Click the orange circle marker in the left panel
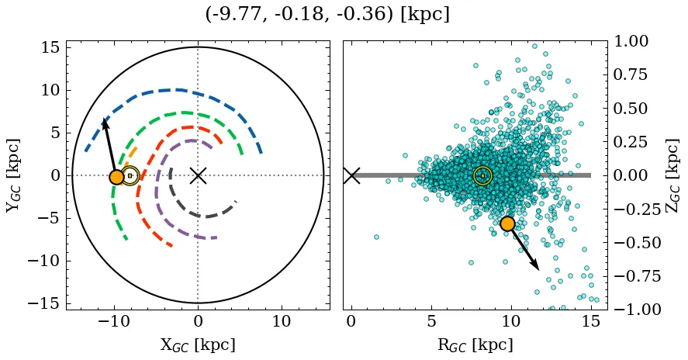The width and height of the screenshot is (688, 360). (x=116, y=177)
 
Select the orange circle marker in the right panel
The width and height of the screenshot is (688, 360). (x=507, y=223)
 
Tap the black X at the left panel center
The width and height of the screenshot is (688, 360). (x=198, y=175)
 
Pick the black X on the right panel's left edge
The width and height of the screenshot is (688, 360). (x=351, y=175)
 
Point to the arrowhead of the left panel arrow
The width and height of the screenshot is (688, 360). (x=105, y=120)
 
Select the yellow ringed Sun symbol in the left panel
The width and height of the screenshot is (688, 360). (x=130, y=175)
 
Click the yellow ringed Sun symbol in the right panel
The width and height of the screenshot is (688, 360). (x=482, y=175)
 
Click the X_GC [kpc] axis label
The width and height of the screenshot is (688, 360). (x=197, y=345)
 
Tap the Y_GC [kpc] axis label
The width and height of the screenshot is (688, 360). (x=13, y=175)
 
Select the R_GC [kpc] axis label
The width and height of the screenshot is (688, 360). (x=474, y=345)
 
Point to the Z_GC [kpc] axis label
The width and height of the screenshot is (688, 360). (x=672, y=175)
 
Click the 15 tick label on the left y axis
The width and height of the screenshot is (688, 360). (x=50, y=48)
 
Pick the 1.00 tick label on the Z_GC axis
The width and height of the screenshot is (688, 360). (x=635, y=42)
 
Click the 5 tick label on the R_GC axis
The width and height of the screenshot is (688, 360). (x=430, y=321)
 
